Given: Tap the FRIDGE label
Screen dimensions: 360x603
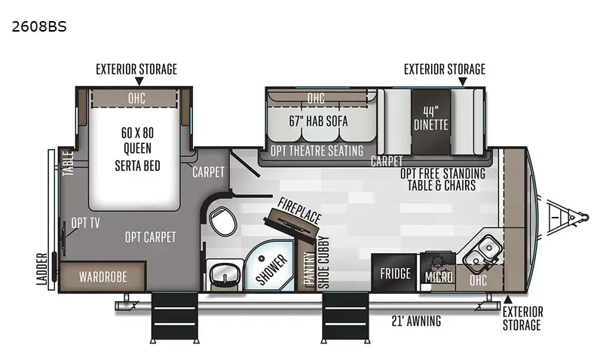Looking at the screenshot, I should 395,273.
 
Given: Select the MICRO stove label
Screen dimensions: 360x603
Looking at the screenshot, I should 439,277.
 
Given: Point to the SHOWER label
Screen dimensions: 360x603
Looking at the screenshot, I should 272,270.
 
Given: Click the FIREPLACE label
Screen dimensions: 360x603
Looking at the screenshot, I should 299,212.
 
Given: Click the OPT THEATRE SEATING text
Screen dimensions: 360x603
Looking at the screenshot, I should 316,151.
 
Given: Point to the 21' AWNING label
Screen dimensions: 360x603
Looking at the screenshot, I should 417,322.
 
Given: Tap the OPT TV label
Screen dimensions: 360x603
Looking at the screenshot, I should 85,223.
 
